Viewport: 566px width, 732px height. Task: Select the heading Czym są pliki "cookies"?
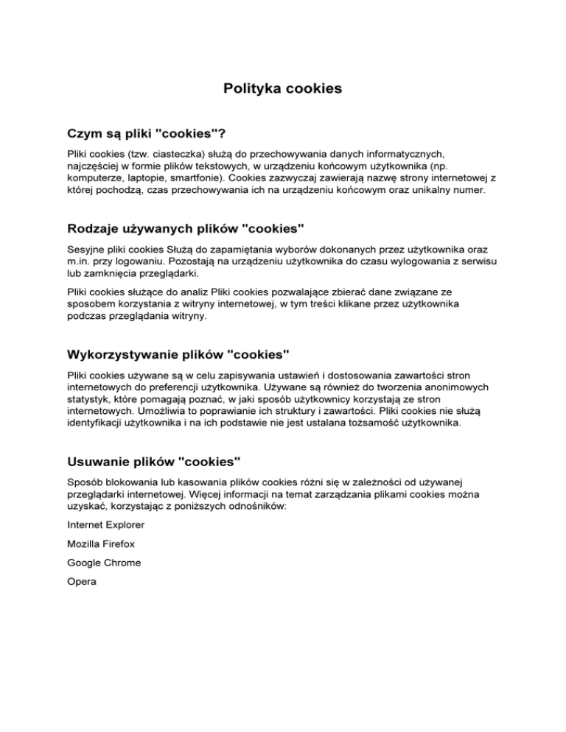point(145,134)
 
